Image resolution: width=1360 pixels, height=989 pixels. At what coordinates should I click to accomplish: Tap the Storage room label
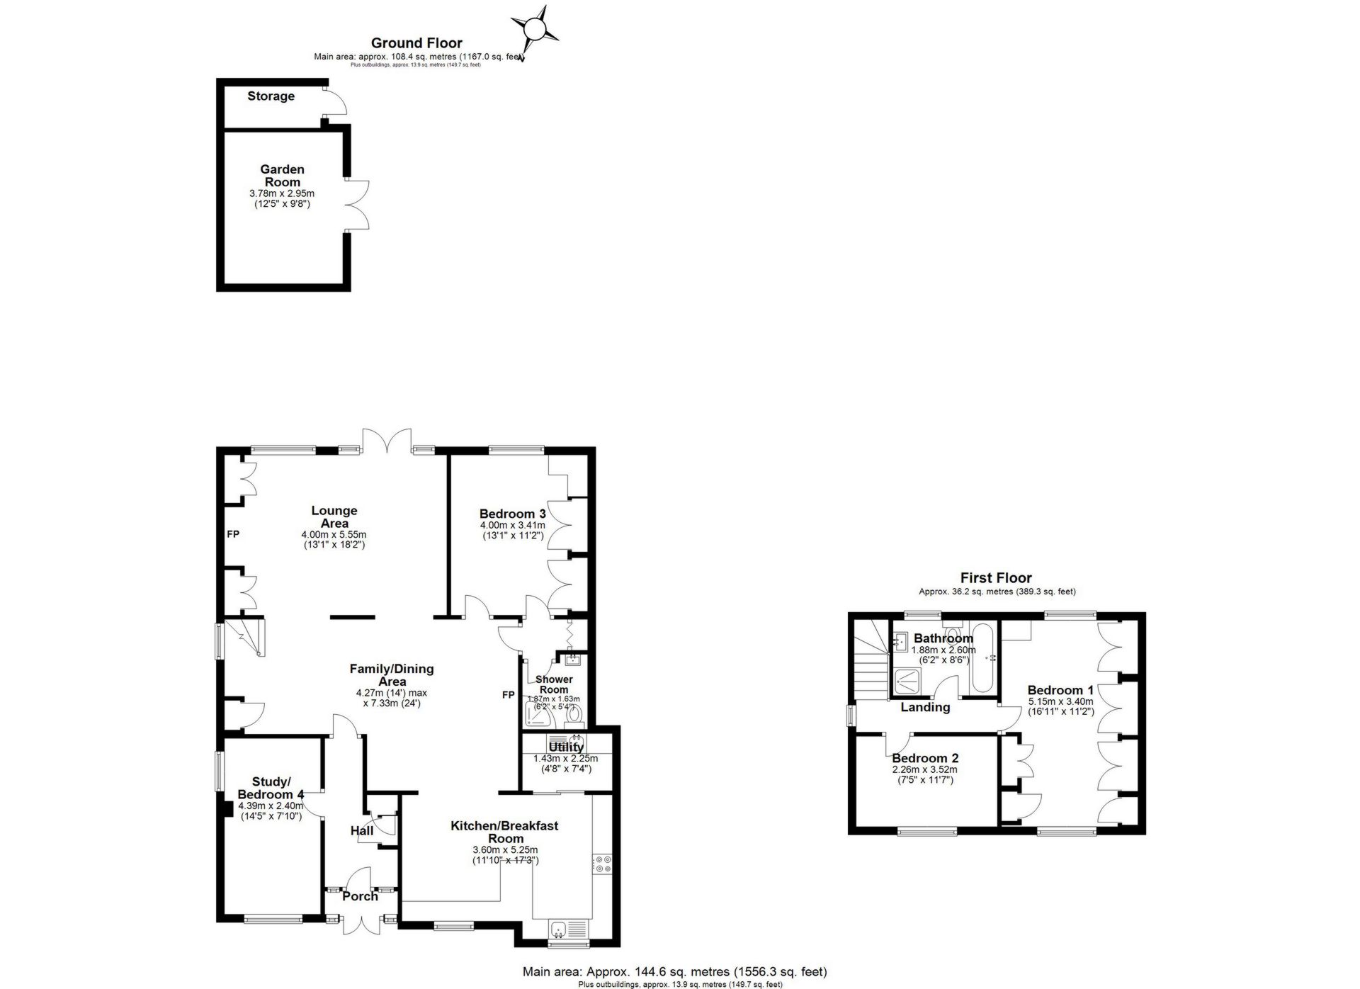pos(271,96)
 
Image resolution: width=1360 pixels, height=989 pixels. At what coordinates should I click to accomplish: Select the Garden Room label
pos(282,176)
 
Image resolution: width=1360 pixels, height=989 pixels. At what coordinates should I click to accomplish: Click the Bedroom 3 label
pos(512,514)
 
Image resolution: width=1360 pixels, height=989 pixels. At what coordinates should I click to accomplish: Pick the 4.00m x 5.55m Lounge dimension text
pos(334,535)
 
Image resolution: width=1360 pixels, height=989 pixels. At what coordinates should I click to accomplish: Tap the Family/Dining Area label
pos(392,674)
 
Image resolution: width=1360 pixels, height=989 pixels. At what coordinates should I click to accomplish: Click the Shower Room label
pos(554,684)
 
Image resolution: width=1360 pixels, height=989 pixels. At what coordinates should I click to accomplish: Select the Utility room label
pos(566,747)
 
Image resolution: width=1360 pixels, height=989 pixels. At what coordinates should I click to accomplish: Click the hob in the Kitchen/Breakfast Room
pos(603,864)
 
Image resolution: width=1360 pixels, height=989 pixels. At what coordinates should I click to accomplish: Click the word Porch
pos(360,896)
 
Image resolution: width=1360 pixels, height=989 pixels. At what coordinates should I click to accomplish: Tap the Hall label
pos(362,830)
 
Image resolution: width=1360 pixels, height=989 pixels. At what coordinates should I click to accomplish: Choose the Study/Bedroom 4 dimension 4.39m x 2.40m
pos(272,806)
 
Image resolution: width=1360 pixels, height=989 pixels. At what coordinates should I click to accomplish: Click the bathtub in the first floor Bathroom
pos(982,659)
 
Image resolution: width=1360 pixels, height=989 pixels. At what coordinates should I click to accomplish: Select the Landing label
pos(925,707)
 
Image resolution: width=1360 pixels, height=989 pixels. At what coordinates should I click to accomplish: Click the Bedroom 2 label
pos(925,758)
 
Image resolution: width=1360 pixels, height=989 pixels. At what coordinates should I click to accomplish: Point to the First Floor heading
pos(996,578)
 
